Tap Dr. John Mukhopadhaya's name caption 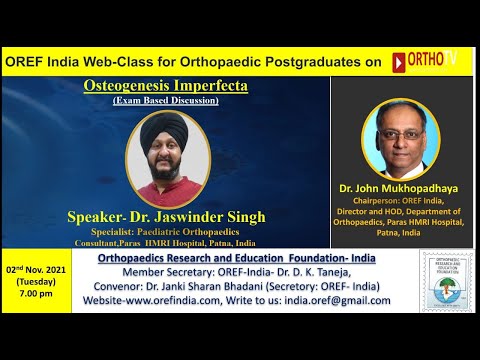pyautogui.click(x=406, y=187)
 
